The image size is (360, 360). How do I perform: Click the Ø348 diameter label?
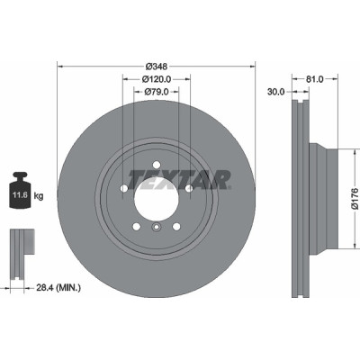click(157, 67)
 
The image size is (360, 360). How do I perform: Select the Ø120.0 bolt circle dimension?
click(157, 79)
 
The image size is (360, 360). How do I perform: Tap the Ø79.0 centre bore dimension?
click(157, 91)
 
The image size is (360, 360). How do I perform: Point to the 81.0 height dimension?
click(315, 79)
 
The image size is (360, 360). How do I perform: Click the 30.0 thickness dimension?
click(276, 92)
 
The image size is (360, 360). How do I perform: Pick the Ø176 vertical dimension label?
click(355, 198)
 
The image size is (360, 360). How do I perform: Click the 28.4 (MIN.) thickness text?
click(58, 288)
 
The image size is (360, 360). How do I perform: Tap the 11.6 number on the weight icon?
click(20, 195)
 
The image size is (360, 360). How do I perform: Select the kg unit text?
click(39, 196)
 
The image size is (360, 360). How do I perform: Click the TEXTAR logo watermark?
click(180, 180)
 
